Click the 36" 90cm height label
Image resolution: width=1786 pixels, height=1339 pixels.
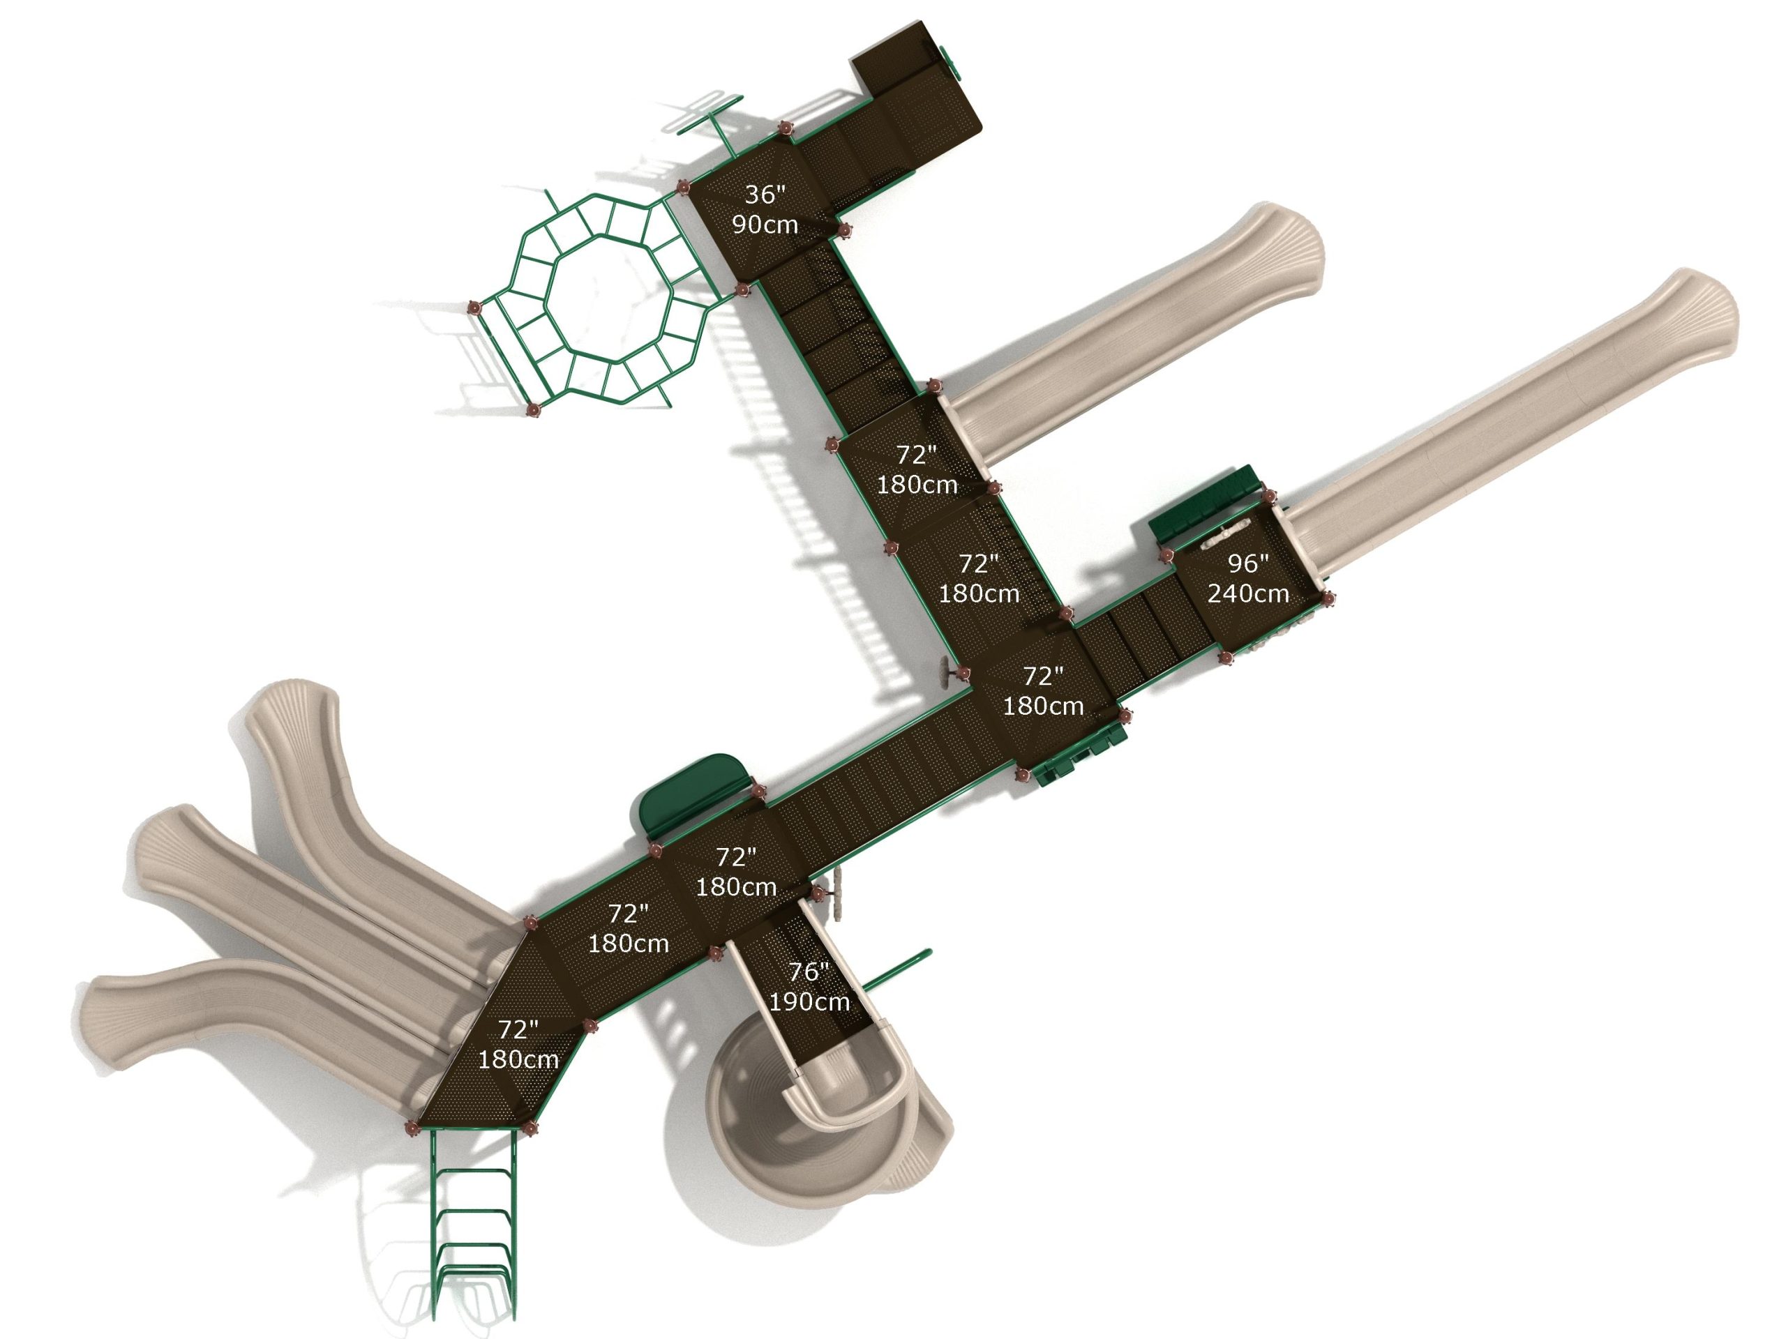[764, 209]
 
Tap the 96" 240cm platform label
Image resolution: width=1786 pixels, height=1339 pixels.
[1247, 578]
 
